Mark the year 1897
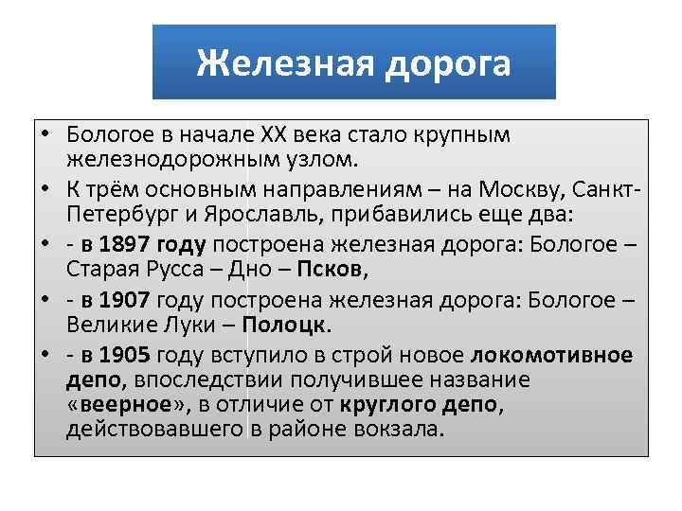(x=139, y=245)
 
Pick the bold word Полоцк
(x=286, y=325)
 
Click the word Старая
(x=99, y=270)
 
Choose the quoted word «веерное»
(x=118, y=406)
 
